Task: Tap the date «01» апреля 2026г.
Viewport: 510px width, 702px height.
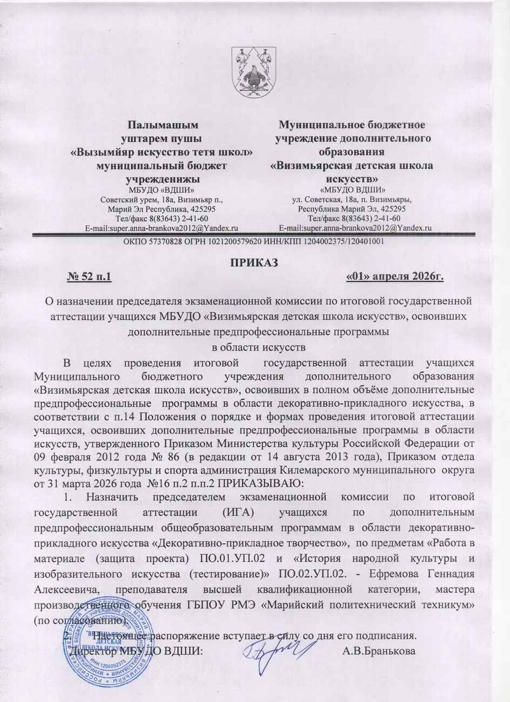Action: pos(395,278)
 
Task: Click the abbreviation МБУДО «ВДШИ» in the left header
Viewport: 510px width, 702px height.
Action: pos(162,190)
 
